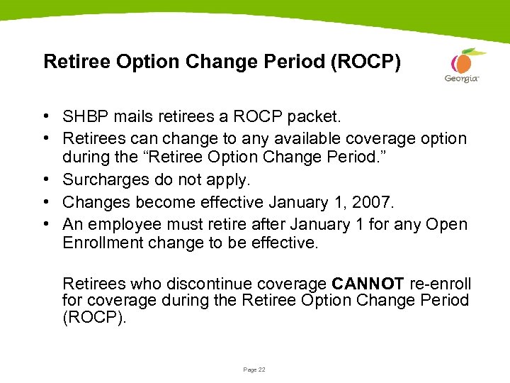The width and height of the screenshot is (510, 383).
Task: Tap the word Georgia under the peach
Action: [x=461, y=79]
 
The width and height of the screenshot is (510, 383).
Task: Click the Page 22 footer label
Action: [x=254, y=370]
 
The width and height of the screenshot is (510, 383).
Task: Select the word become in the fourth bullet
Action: [x=151, y=203]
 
